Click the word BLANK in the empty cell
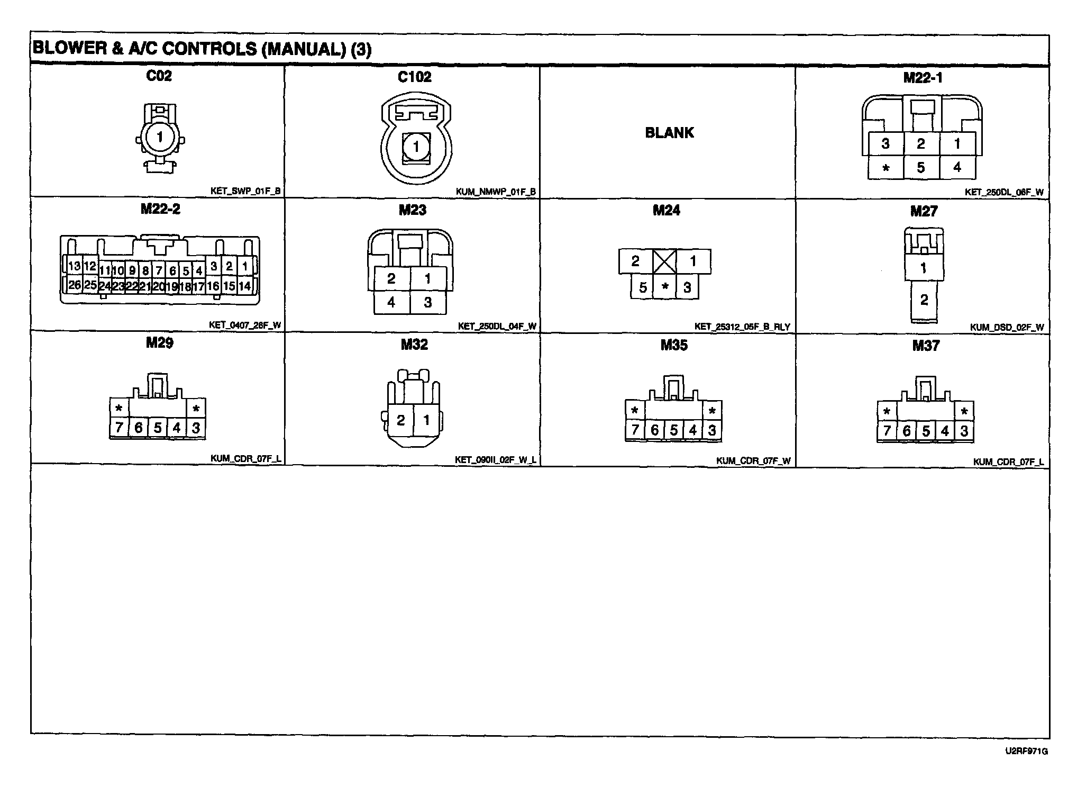[669, 132]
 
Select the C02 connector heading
[159, 76]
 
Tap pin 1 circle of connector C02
[160, 138]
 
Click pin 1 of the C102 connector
[416, 146]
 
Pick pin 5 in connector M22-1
[921, 167]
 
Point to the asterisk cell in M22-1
[886, 168]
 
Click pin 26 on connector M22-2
[75, 285]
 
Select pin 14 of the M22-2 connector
[244, 286]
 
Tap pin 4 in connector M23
[391, 302]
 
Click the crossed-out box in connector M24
[664, 261]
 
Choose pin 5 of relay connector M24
[643, 287]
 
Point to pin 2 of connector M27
[924, 300]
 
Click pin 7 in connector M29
[119, 428]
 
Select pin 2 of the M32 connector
[400, 420]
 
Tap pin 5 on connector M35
[673, 430]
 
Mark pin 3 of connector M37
[964, 431]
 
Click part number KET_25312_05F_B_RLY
[742, 327]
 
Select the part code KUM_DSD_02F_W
[1007, 327]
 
